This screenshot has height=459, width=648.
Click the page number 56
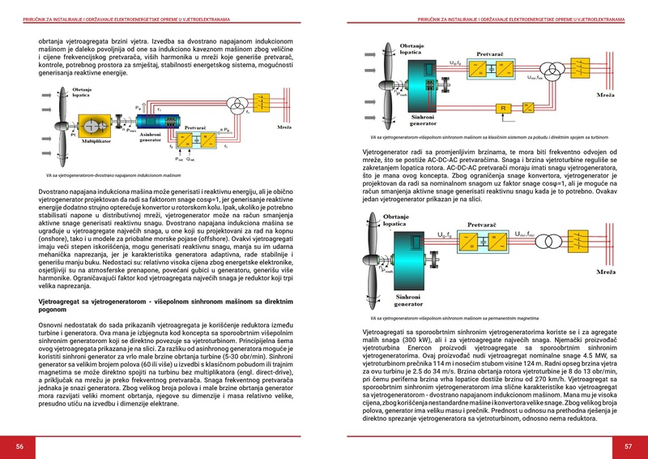coord(19,446)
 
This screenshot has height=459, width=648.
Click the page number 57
coord(628,446)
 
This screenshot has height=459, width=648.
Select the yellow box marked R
coord(504,107)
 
